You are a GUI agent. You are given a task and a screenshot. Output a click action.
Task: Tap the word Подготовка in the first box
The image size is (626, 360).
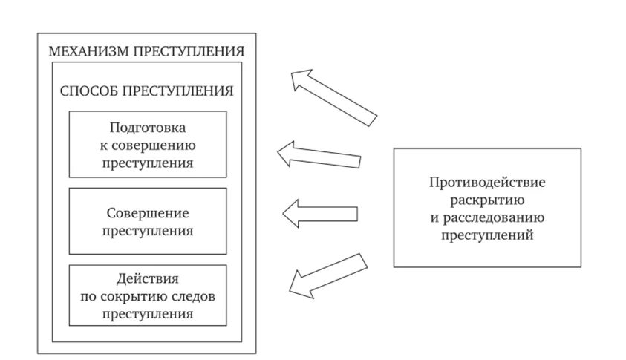pos(147,127)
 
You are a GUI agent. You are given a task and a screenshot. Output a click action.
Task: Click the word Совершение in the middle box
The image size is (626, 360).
pos(147,213)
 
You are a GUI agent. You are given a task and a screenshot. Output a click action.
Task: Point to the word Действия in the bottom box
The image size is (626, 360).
pos(147,279)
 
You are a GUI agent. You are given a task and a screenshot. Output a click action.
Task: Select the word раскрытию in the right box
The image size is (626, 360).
pos(486,200)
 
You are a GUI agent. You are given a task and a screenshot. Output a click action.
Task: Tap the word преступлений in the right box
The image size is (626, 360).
pos(486,236)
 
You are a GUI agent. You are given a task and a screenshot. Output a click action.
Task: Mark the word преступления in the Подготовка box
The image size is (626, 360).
pos(147,163)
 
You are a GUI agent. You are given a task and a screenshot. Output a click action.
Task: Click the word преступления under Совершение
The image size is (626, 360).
pos(147,231)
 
